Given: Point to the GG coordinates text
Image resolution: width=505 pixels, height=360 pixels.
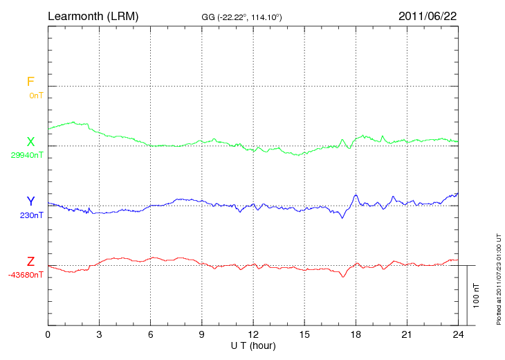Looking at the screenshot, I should point(241,17).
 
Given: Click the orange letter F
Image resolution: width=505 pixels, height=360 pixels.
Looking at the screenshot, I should point(30,82).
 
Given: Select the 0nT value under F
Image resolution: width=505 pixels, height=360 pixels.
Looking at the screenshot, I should point(36,95).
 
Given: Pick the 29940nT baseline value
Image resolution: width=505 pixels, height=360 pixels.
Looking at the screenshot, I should point(27,155).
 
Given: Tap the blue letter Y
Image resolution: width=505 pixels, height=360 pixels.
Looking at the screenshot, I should point(30,202).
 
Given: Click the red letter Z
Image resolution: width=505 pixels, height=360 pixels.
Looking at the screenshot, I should point(30,262).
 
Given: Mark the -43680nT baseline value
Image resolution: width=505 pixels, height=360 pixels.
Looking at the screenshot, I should point(26,275).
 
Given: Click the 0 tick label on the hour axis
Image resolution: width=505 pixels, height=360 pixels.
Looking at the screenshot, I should point(48,334).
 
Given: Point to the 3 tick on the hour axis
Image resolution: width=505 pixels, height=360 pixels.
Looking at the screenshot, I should point(99,334).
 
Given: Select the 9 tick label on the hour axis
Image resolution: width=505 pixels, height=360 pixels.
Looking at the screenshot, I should point(202,334).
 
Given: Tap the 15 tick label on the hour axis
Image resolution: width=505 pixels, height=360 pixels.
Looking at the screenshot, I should point(304,334).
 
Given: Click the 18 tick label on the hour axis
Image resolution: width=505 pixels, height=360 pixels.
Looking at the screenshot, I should point(356,334).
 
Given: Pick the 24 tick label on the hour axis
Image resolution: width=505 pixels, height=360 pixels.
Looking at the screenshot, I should point(458,334).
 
